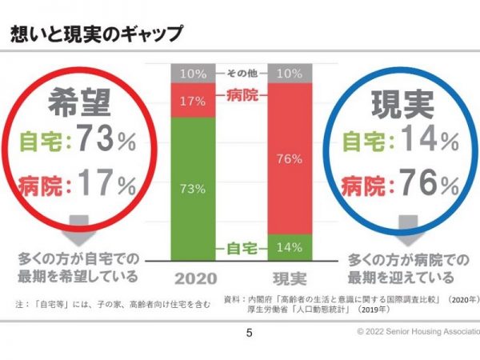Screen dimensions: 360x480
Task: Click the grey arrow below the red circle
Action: click(78, 229)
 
